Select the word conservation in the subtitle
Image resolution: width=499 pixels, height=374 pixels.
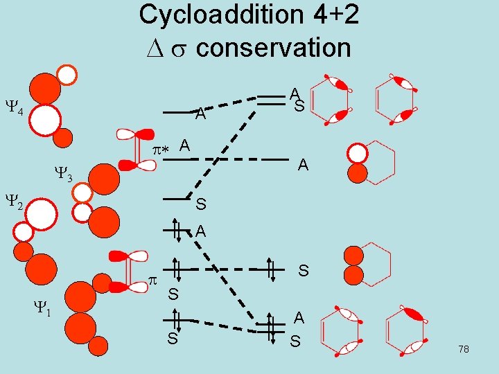tap(273, 48)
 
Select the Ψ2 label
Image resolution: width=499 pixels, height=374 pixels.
tap(15, 202)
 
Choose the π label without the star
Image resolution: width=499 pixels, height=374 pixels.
tap(153, 280)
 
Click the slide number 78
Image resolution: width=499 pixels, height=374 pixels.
tap(463, 349)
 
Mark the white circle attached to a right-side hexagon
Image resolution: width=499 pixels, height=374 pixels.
tap(358, 152)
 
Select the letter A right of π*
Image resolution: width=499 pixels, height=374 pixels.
tap(185, 145)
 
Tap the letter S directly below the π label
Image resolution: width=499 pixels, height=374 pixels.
tap(173, 294)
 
